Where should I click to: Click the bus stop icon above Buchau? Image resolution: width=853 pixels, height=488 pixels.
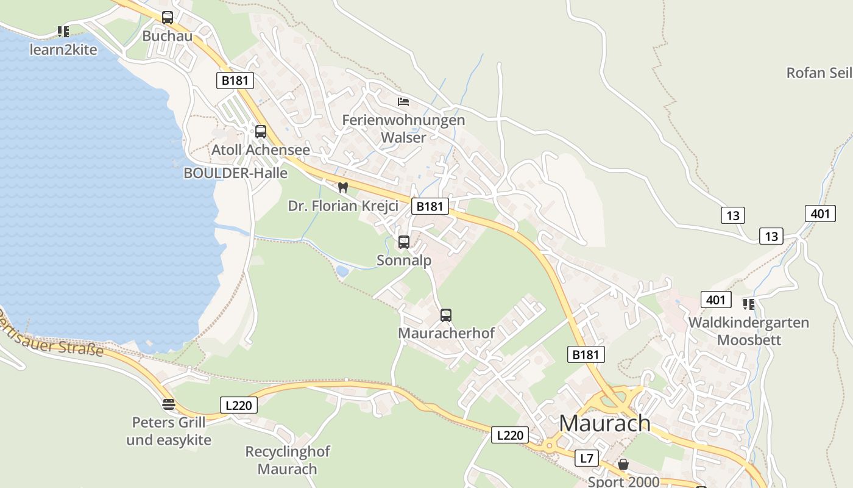pyautogui.click(x=168, y=18)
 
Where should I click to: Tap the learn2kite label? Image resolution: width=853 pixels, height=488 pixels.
pyautogui.click(x=63, y=50)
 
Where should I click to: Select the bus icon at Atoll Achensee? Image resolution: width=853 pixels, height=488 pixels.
pyautogui.click(x=261, y=131)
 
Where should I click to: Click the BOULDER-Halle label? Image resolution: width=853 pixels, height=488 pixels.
pyautogui.click(x=235, y=173)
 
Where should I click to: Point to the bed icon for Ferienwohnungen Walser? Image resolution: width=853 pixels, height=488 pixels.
pyautogui.click(x=403, y=101)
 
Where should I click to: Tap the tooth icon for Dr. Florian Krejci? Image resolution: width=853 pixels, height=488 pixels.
pyautogui.click(x=342, y=187)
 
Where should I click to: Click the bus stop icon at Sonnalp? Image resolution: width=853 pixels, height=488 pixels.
pyautogui.click(x=404, y=242)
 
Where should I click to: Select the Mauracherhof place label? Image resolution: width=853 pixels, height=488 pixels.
pyautogui.click(x=446, y=333)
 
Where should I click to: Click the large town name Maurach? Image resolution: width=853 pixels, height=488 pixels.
pyautogui.click(x=604, y=423)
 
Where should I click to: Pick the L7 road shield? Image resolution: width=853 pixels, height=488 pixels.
pyautogui.click(x=587, y=458)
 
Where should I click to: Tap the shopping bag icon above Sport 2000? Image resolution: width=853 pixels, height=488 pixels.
pyautogui.click(x=623, y=465)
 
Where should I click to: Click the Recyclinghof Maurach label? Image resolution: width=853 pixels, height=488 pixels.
pyautogui.click(x=288, y=460)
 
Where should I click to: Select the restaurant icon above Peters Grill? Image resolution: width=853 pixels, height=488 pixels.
pyautogui.click(x=169, y=404)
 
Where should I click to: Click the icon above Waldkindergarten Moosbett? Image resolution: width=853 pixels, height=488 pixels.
pyautogui.click(x=749, y=304)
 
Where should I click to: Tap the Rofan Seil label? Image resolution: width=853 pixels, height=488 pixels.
pyautogui.click(x=819, y=73)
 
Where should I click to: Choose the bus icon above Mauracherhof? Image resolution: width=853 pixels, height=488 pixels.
pyautogui.click(x=446, y=315)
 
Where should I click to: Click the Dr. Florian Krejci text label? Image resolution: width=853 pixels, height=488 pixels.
pyautogui.click(x=343, y=206)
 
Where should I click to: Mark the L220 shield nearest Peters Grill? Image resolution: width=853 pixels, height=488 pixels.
pyautogui.click(x=238, y=404)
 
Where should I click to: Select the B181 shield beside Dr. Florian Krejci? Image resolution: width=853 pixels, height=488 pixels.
pyautogui.click(x=430, y=206)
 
